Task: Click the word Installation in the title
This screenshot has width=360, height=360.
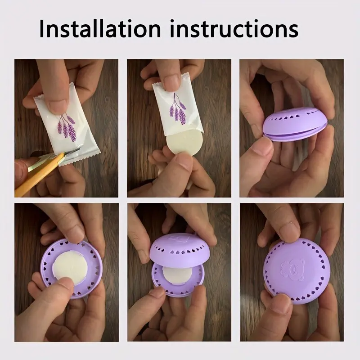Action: (x=99, y=28)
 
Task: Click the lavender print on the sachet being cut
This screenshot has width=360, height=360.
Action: (x=67, y=126)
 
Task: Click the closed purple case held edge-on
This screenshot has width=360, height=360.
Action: (x=295, y=124)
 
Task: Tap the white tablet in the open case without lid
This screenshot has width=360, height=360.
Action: (x=70, y=268)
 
